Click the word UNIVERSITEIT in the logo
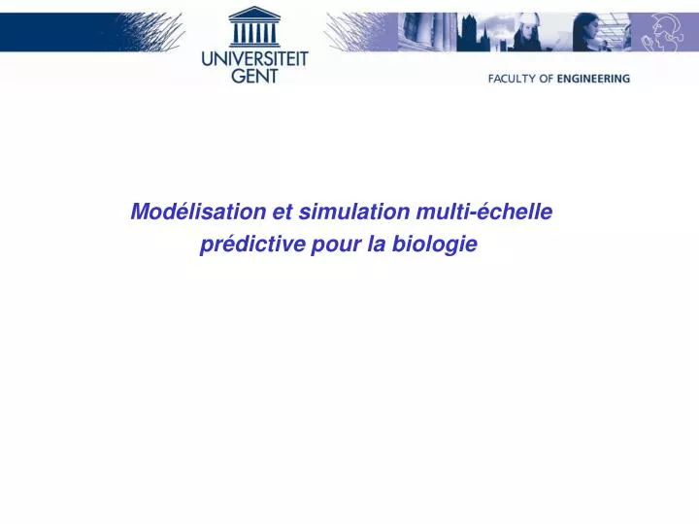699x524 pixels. [x=254, y=60]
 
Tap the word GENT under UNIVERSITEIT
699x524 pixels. [x=254, y=76]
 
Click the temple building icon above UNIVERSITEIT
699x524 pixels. [x=254, y=27]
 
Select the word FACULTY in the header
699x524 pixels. [x=512, y=79]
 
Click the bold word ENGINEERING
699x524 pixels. [x=594, y=79]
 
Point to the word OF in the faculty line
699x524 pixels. [x=546, y=79]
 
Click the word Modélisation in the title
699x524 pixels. [x=198, y=212]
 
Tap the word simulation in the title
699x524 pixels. [x=354, y=212]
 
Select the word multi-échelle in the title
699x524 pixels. [x=484, y=212]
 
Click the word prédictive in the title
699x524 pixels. [x=251, y=245]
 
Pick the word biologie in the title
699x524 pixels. [x=435, y=245]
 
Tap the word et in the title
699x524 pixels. [x=283, y=213]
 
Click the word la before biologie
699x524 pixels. [x=377, y=245]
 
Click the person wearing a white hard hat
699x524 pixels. [x=528, y=32]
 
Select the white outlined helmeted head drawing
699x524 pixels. [x=662, y=32]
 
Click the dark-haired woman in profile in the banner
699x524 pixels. [x=587, y=32]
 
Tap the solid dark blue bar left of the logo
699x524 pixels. [x=58, y=32]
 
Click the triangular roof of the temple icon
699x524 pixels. [x=254, y=14]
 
